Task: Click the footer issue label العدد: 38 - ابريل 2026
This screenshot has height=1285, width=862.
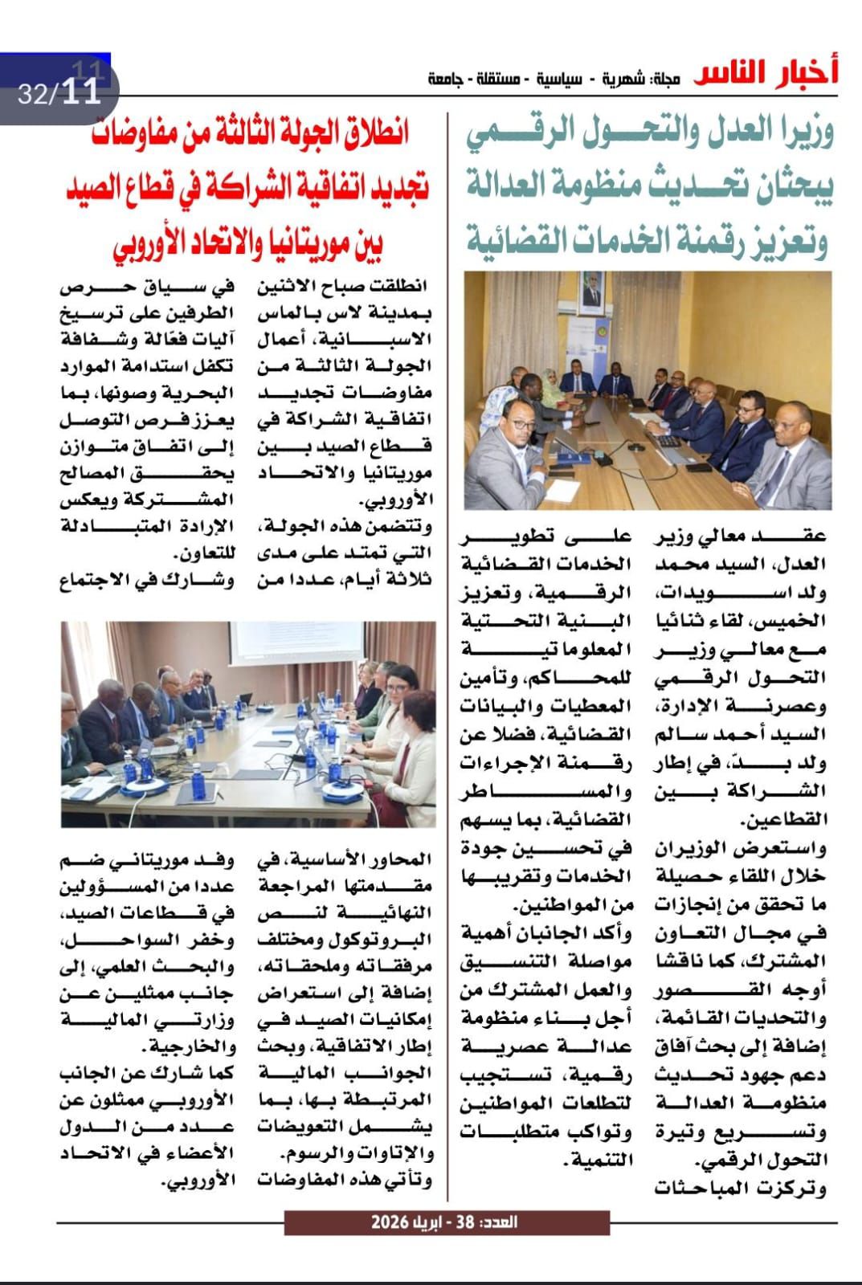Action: click(x=446, y=1222)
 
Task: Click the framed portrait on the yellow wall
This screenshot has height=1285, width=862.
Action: click(x=592, y=294)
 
